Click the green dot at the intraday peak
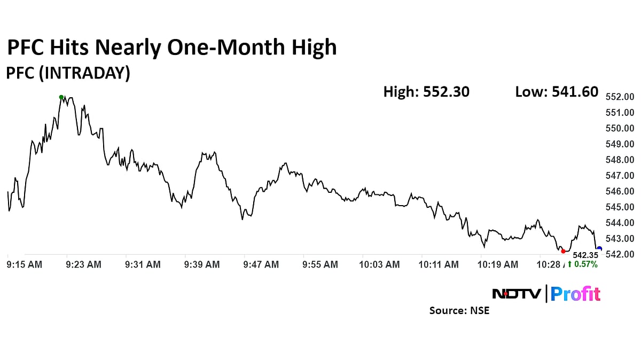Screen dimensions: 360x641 point(61,97)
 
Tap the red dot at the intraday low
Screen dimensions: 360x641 point(563,251)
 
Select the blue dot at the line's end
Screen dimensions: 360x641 point(599,249)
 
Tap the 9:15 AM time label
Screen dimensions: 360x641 point(24,264)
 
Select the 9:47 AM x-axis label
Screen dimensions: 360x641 point(261,264)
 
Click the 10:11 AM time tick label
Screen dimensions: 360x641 point(438,264)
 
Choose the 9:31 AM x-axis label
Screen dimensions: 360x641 point(143,264)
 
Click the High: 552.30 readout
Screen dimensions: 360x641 point(426,92)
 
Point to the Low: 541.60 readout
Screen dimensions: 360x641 point(557,92)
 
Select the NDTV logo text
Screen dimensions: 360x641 point(517,294)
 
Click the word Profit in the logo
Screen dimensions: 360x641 point(575,294)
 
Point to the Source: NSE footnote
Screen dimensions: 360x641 point(459,310)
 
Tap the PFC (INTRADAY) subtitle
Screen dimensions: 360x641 point(68,73)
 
